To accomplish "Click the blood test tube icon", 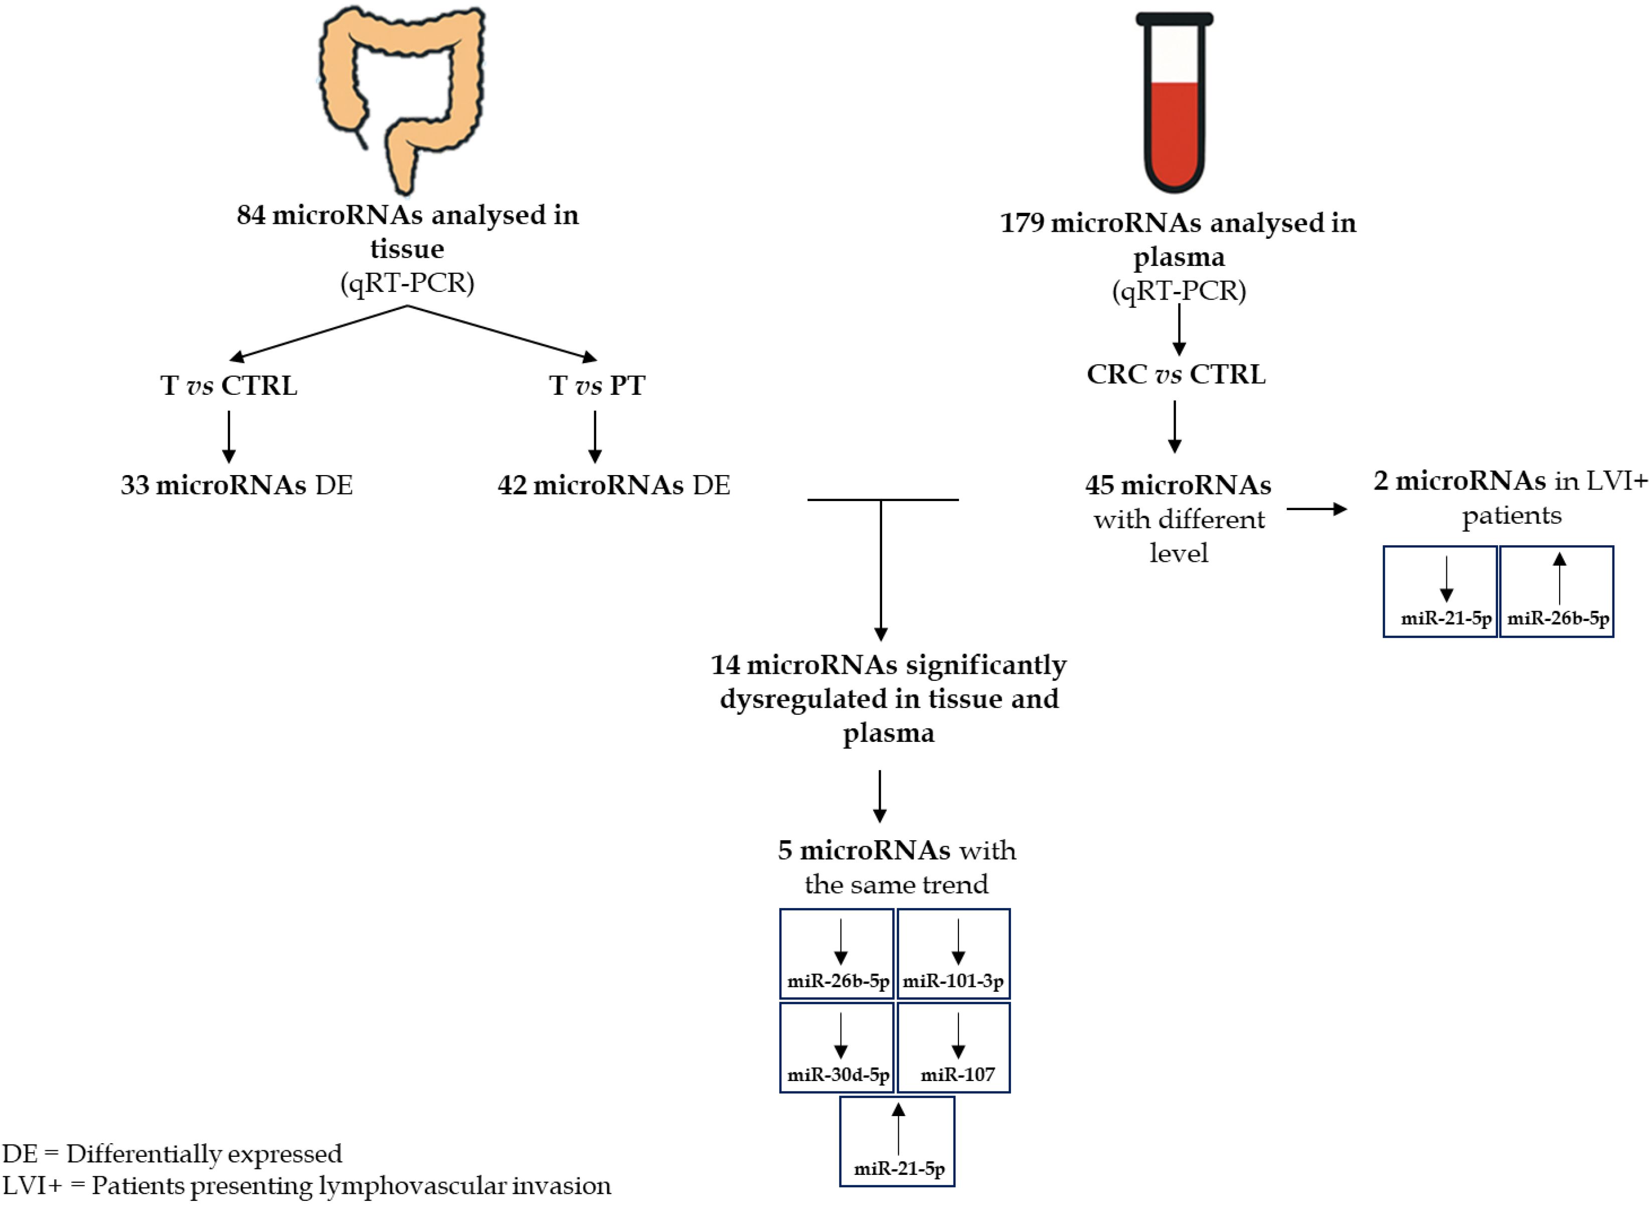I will [x=1174, y=103].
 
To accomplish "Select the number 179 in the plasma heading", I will [x=1022, y=223].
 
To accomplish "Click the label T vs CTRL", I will [x=229, y=385].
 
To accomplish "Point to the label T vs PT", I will [x=597, y=385].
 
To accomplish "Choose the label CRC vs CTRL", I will [x=1176, y=374].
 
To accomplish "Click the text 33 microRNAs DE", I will [x=237, y=485].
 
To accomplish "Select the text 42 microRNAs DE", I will [x=613, y=485].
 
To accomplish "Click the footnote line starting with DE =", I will [x=173, y=1153].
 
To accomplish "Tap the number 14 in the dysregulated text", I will [x=725, y=665].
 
